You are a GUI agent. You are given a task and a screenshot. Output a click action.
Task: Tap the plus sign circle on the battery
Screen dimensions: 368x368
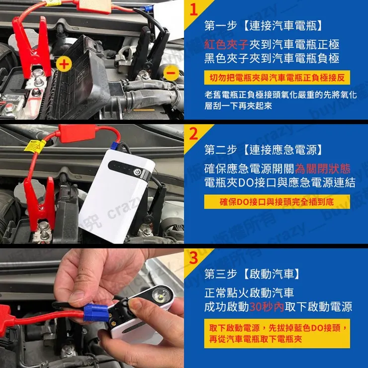coord(63,64)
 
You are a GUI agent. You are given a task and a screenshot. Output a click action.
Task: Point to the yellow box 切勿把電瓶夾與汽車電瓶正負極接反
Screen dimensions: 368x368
coord(277,78)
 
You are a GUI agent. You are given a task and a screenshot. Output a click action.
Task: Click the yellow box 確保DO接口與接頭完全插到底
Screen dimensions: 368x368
coord(277,201)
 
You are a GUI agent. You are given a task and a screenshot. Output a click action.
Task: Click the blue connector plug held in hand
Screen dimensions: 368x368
coord(96,312)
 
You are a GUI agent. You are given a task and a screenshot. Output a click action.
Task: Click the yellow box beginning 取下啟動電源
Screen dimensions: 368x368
coord(277,333)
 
